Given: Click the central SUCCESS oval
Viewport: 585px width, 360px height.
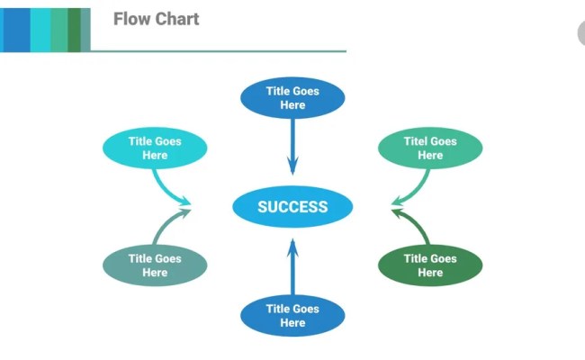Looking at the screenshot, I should (x=292, y=206).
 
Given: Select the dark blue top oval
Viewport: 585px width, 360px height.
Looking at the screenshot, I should (x=292, y=98).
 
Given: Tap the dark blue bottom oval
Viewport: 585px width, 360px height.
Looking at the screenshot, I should (x=292, y=316).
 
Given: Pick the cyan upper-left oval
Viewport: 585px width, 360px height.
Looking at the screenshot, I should (x=155, y=148).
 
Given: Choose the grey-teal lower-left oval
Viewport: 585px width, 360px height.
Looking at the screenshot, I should (x=155, y=265).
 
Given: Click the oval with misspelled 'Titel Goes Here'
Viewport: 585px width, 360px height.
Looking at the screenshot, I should (x=430, y=148).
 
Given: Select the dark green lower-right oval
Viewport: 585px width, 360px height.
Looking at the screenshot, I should (x=430, y=265).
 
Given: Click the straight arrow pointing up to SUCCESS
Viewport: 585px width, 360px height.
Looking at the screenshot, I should (x=292, y=267).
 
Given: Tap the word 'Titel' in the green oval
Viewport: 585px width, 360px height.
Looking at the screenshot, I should (x=414, y=141).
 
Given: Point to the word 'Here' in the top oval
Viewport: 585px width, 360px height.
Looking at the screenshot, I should (x=292, y=105).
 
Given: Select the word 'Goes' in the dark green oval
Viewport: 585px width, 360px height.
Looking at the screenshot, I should (x=444, y=258).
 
